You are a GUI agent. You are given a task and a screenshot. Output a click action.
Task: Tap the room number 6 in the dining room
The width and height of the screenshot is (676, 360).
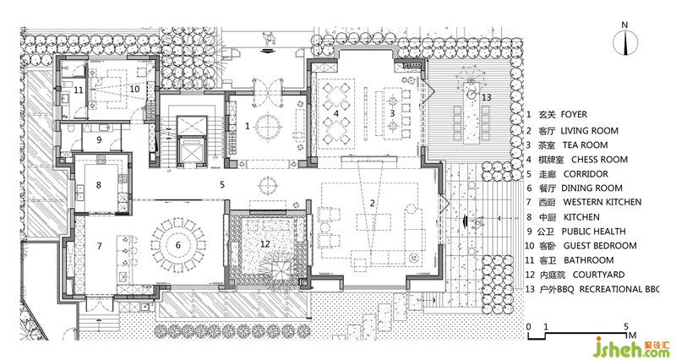coord(177,245)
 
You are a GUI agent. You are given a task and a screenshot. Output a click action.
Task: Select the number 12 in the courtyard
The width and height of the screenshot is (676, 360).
coord(264,244)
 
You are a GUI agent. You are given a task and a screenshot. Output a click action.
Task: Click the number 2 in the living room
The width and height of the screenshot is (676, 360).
coord(373,204)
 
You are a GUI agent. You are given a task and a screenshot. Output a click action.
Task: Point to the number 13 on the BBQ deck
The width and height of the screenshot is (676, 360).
coord(487,97)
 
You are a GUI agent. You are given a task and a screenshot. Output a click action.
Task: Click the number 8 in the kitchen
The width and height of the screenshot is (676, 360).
coord(99,185)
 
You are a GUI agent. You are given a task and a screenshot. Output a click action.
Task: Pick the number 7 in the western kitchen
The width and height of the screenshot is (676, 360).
coord(99,246)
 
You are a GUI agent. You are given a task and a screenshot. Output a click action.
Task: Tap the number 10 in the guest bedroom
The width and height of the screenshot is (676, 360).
coord(134,89)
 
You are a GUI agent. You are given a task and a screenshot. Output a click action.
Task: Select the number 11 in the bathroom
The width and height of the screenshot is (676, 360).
coord(78,90)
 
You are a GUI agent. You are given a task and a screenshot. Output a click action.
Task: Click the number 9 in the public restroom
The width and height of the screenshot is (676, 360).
coord(99,139)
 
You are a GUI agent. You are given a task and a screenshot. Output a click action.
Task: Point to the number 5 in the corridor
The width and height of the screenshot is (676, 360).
coord(222,184)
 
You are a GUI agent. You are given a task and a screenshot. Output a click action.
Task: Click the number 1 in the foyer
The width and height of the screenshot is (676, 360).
coord(247,126)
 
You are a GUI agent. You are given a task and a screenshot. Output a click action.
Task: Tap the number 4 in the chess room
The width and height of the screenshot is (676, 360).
coord(336,114)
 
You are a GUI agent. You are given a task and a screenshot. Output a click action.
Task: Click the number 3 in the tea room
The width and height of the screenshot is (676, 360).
coord(392,113)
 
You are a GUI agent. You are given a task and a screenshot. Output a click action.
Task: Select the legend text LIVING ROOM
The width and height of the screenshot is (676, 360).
coord(589,131)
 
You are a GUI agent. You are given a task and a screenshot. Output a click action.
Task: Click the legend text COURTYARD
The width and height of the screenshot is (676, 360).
coord(598,275)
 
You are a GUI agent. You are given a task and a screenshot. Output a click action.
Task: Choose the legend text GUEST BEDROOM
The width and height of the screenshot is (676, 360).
coord(600,246)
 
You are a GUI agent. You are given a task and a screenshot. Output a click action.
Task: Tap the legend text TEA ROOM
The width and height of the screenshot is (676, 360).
coord(585,145)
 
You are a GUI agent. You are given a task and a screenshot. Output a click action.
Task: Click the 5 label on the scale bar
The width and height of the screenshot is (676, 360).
coord(626,326)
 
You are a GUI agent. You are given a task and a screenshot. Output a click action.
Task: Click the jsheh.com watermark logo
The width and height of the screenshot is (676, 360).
coord(631,347)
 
